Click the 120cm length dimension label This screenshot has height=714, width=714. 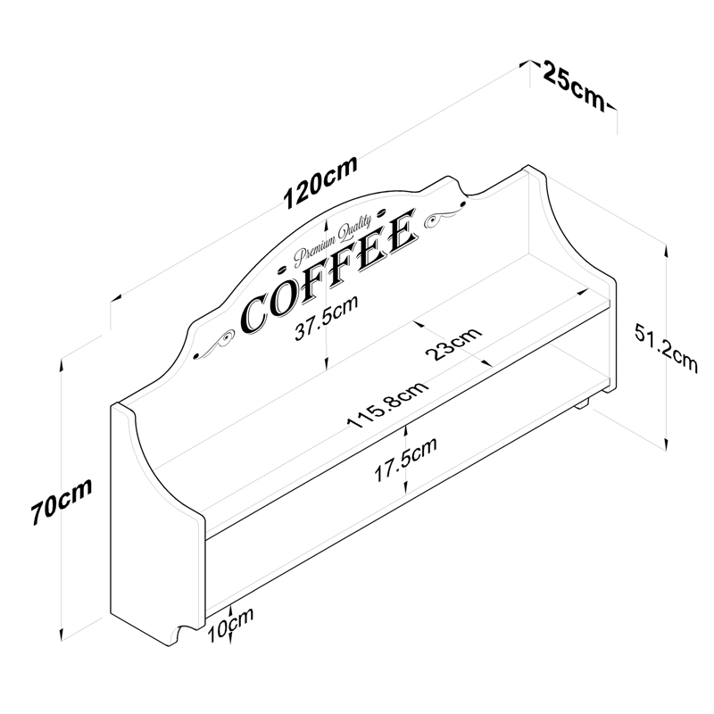point(320,182)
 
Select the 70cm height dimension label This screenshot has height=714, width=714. point(62,501)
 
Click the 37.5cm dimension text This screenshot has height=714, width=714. point(326,318)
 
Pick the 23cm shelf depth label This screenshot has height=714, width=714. point(453,343)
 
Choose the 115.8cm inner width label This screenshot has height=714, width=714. point(387,405)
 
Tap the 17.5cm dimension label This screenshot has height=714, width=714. point(405,459)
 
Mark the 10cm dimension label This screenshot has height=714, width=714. point(230,626)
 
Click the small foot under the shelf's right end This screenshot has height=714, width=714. point(583,403)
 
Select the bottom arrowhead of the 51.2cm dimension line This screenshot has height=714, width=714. point(666,444)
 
